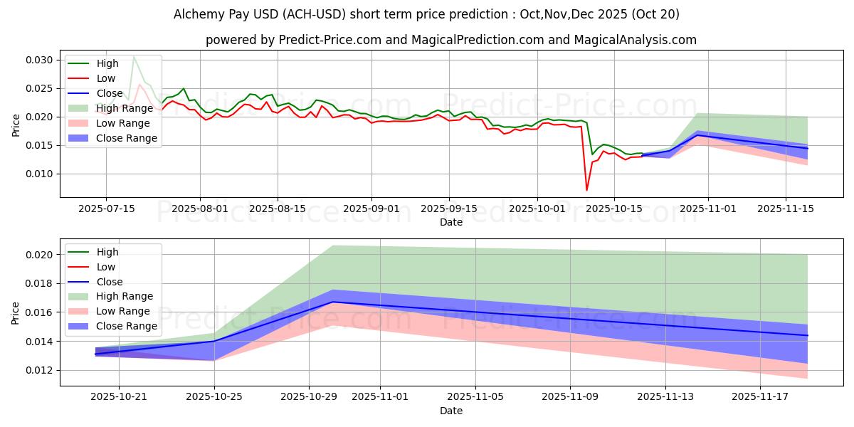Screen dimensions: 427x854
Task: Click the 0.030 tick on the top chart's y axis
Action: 41,60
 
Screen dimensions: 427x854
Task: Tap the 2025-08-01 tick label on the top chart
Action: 200,209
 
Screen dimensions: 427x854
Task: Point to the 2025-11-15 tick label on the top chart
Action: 786,209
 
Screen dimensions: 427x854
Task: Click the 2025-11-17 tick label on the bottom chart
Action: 761,397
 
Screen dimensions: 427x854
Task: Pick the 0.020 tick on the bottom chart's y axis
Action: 41,255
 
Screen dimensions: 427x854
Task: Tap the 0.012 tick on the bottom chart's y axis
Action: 41,370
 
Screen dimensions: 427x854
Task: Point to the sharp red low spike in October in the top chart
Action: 587,189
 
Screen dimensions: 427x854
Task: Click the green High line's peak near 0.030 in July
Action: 133,56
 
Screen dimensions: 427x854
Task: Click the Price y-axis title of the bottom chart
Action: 16,312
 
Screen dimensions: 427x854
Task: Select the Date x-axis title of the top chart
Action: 450,222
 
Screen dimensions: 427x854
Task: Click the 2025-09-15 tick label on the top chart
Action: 448,209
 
